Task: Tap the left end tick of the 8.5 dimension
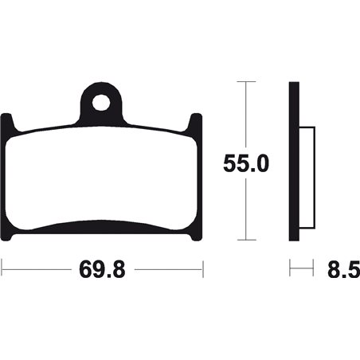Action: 290,270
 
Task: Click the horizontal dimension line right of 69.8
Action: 167,270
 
